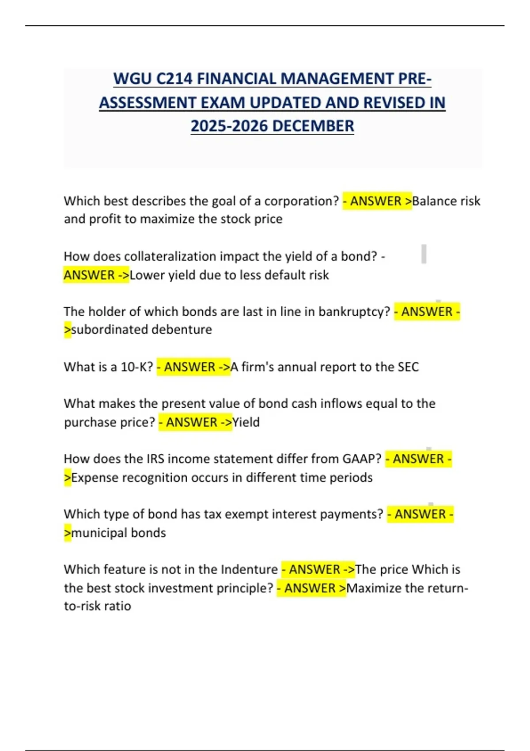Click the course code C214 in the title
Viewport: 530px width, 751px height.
(174, 79)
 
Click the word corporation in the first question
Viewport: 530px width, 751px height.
(301, 201)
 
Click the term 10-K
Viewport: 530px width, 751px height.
(136, 367)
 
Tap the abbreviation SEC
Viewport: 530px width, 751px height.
(408, 367)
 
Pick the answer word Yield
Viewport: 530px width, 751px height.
(246, 422)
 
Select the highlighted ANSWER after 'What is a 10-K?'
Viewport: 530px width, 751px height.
(189, 367)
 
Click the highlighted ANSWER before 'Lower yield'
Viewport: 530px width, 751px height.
(89, 275)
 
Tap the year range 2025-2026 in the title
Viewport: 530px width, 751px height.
(229, 126)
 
